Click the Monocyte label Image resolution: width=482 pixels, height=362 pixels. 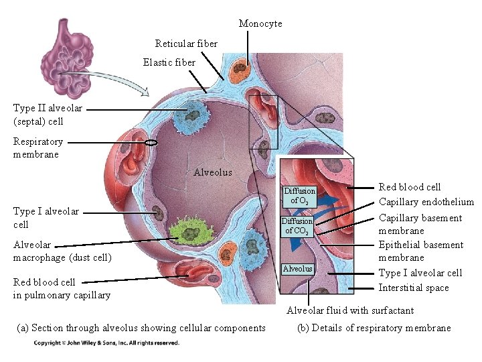pyautogui.click(x=260, y=23)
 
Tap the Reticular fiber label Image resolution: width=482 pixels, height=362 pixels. pyautogui.click(x=186, y=44)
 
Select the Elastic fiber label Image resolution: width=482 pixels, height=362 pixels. pyautogui.click(x=169, y=62)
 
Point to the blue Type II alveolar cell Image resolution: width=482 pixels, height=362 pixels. pyautogui.click(x=191, y=118)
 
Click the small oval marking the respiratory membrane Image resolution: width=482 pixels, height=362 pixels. pyautogui.click(x=151, y=142)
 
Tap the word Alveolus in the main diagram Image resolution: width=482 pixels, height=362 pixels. pyautogui.click(x=213, y=172)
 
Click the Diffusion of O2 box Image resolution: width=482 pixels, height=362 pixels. pyautogui.click(x=299, y=196)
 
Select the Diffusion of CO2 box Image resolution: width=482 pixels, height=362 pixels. pyautogui.click(x=297, y=225)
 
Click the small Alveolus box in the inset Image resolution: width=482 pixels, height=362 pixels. pyautogui.click(x=297, y=269)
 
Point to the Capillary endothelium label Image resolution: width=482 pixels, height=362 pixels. pyautogui.click(x=426, y=202)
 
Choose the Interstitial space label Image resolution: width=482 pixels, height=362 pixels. pyautogui.click(x=414, y=288)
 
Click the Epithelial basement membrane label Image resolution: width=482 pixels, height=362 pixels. pyautogui.click(x=420, y=251)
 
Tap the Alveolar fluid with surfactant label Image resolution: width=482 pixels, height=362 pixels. pyautogui.click(x=350, y=310)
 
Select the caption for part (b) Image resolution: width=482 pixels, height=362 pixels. pyautogui.click(x=374, y=328)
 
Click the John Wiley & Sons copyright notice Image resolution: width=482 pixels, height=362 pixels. pyautogui.click(x=106, y=343)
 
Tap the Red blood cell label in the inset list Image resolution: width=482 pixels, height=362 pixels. pyautogui.click(x=410, y=187)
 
